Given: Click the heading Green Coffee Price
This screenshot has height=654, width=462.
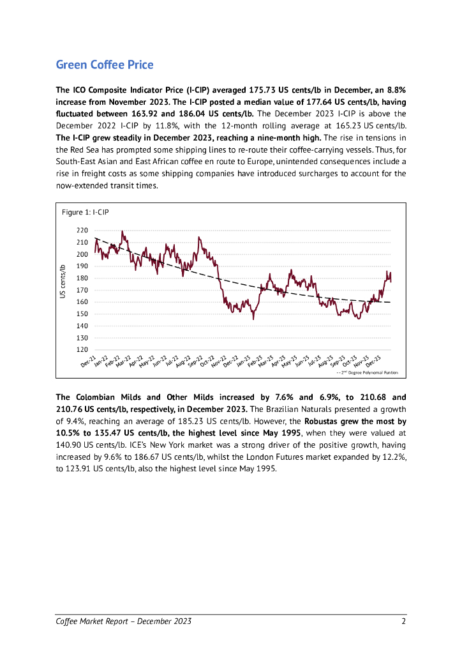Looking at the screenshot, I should pos(105,65).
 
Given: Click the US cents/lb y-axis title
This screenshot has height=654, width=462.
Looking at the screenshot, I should pos(63,282).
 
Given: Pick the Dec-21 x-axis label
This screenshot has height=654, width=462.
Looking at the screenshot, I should pos(89,362).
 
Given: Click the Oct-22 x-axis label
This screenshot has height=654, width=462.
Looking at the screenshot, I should pos(207,362).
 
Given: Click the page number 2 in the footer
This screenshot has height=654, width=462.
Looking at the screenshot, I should pos(404,621).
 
